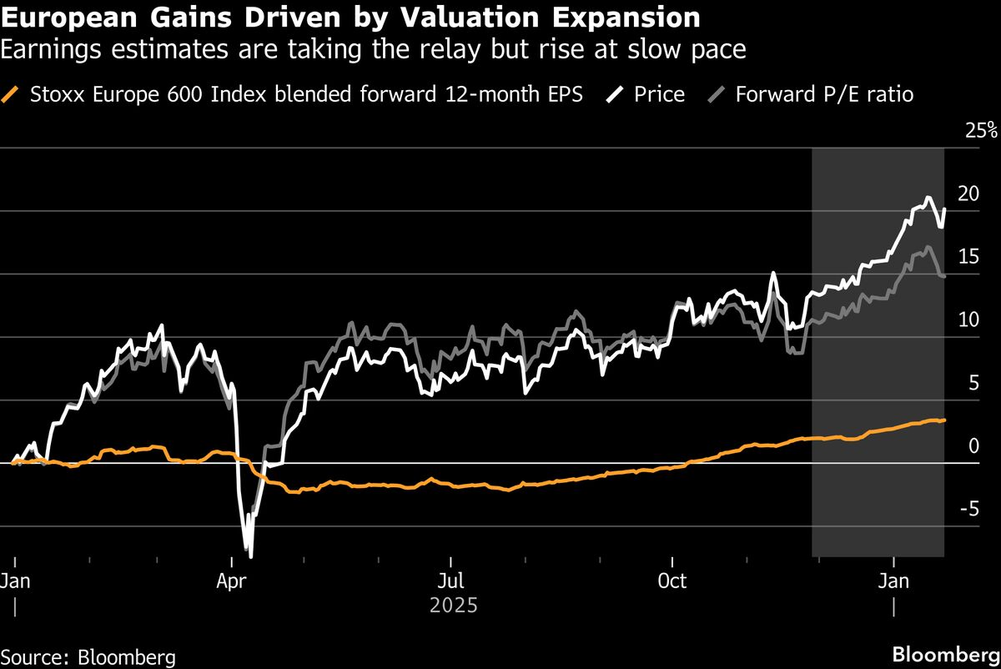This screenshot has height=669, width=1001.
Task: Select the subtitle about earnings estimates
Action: tap(373, 50)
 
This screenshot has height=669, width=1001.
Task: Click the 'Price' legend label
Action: tap(659, 94)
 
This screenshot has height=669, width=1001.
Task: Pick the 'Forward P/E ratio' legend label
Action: tap(824, 94)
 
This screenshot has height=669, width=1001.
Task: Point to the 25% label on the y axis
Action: tap(979, 130)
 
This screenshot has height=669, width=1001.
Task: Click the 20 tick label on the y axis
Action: tap(968, 194)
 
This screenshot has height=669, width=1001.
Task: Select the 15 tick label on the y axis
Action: tap(968, 257)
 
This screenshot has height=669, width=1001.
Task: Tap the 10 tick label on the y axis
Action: tap(968, 319)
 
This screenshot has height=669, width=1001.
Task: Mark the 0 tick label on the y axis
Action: tap(973, 446)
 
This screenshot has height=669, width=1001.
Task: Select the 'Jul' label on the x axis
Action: tap(450, 580)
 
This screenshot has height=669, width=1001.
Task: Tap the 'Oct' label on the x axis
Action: tap(672, 580)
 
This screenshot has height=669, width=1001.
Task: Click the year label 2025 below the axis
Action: tap(454, 605)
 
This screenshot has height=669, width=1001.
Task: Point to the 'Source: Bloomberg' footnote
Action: tap(88, 656)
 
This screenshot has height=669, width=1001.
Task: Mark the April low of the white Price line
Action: tap(249, 556)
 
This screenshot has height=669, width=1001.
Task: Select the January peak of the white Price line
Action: tap(928, 198)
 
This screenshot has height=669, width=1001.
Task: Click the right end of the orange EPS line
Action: tap(944, 420)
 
